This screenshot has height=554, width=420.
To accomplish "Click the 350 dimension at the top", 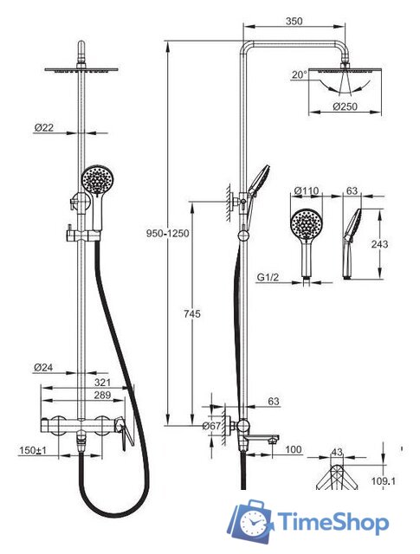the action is pos(294,21).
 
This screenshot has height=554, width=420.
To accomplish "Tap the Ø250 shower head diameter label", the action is pos(345,106).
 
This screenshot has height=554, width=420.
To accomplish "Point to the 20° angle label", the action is pos(300,75).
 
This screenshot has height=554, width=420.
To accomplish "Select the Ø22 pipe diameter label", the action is pos(44,127).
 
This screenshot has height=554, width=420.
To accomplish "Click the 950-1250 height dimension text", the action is pos(168,234).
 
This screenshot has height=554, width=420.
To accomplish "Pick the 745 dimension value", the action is pos(192,313).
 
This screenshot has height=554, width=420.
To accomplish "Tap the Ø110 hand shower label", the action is pos(307,190).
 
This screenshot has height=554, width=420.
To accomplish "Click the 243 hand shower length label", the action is pos(379,244).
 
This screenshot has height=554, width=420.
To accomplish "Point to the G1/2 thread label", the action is pos(268,277).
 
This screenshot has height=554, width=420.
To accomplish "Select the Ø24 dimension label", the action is pos(43,368).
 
